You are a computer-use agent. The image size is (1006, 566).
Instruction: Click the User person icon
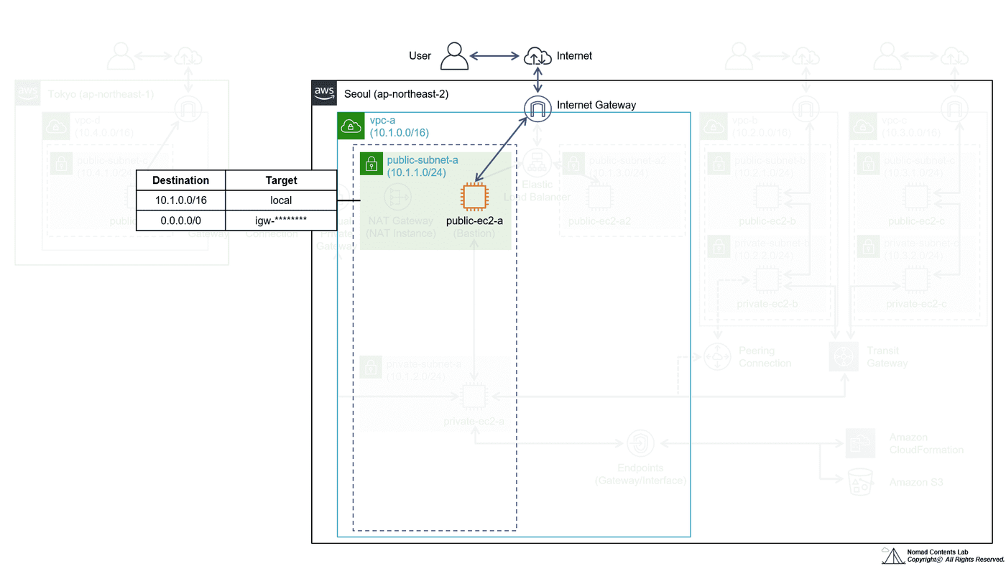(454, 55)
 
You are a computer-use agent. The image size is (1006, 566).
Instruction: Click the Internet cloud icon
(537, 55)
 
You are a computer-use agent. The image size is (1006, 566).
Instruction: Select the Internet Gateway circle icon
(537, 108)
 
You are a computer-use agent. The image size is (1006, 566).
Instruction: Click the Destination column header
(180, 180)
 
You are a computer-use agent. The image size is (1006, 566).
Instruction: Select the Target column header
(281, 180)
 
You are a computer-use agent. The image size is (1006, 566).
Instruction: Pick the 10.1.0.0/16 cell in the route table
(180, 200)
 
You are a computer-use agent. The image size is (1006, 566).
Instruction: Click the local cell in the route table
(281, 200)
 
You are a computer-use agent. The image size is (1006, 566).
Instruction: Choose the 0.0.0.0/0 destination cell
(180, 220)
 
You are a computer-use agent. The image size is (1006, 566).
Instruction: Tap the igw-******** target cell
(281, 220)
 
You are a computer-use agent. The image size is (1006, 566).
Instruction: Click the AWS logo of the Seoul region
(324, 93)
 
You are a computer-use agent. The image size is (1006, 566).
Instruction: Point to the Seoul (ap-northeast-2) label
(397, 93)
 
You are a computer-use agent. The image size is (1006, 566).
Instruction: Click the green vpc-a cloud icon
(350, 125)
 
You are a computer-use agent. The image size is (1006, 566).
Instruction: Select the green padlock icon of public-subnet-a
(372, 164)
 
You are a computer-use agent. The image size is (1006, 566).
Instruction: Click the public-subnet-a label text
(423, 159)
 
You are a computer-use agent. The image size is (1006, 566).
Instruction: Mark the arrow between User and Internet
(494, 55)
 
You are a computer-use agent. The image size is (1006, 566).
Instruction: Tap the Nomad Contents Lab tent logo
(893, 555)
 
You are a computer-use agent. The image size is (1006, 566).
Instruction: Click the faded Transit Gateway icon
(844, 357)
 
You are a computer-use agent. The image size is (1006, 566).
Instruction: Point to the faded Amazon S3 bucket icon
(860, 482)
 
